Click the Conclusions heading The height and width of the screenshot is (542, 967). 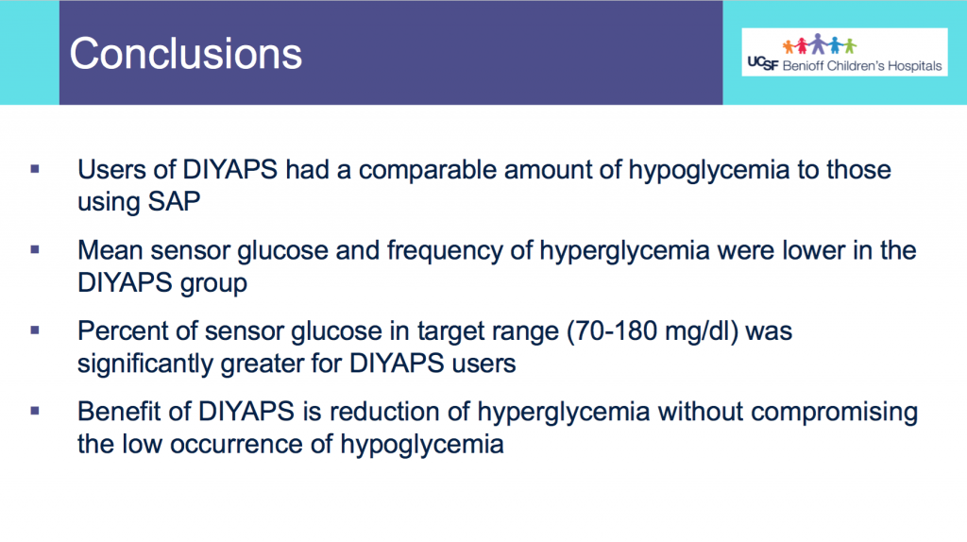[186, 54]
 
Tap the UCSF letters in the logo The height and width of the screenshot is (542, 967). [763, 63]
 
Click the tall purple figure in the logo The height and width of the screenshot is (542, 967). [819, 43]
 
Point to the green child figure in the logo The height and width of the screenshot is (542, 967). [851, 46]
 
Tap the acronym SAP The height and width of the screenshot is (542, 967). [175, 202]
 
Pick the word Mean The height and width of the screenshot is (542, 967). [110, 250]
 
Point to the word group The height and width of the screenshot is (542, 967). [213, 283]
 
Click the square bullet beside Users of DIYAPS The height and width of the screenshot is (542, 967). [35, 169]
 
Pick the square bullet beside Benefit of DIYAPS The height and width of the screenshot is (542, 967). [35, 411]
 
